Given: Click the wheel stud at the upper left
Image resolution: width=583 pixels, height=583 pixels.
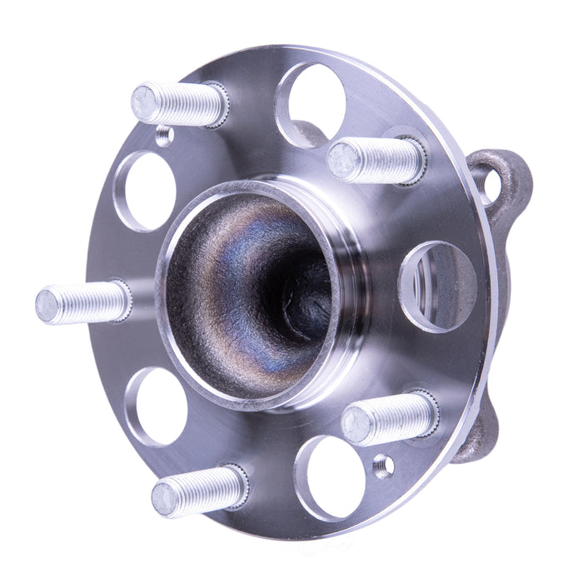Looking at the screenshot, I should (179, 103).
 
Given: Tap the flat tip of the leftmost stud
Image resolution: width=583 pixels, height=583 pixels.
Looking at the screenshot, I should (47, 306).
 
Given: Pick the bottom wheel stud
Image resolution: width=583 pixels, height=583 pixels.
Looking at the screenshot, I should (198, 491).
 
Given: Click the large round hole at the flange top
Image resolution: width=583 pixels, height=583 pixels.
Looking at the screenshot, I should (310, 104).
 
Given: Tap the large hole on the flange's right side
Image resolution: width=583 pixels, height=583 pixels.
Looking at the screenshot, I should (437, 286).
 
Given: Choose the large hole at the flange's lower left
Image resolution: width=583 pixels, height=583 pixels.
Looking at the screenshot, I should (156, 406).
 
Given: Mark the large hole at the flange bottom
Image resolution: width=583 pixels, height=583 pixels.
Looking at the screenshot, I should (331, 478).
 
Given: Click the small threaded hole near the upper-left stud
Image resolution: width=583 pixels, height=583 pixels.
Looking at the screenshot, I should (165, 136).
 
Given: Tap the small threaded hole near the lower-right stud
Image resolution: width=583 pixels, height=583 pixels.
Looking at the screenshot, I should (384, 466).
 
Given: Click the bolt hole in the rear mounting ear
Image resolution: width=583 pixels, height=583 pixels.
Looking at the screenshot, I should (486, 185).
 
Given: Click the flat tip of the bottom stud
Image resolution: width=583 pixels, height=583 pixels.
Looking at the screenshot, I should (164, 500).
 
